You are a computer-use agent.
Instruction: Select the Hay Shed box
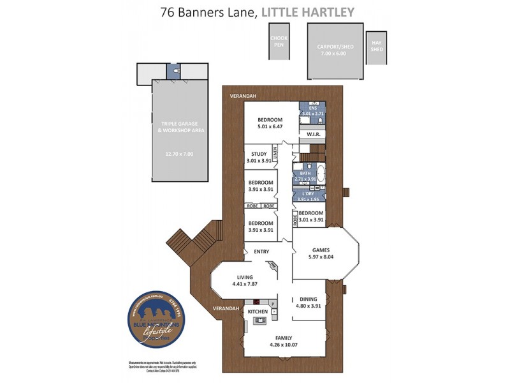tap(377, 47)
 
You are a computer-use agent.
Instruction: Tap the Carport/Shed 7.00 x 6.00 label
tap(335, 50)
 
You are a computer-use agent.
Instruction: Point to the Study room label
tap(259, 153)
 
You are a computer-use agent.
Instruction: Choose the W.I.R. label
tap(312, 135)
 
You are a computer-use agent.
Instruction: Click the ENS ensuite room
tap(313, 110)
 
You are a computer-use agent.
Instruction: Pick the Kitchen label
tap(258, 312)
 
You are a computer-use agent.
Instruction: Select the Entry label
tap(261, 252)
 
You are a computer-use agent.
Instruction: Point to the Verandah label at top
tap(243, 96)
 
